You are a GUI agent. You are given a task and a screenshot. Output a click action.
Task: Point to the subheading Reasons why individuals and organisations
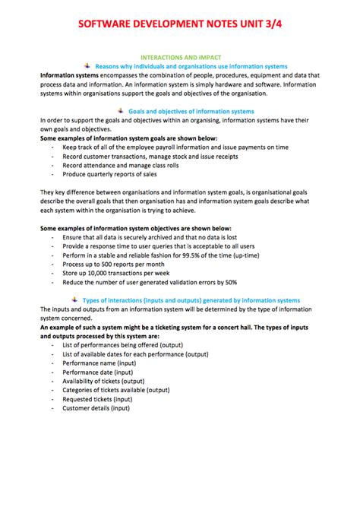point(191,67)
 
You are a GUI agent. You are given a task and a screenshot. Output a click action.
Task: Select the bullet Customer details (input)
point(96,407)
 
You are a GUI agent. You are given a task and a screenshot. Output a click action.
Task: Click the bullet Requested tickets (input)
point(97,398)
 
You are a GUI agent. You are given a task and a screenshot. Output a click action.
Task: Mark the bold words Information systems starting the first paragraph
point(67,76)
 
